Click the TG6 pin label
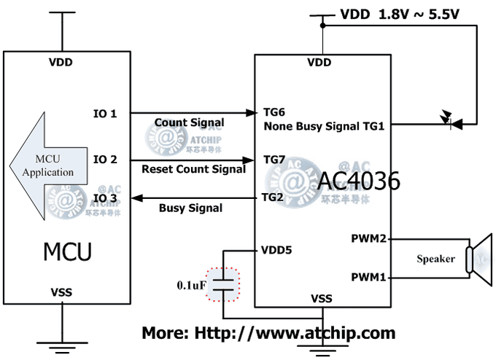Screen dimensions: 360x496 274,113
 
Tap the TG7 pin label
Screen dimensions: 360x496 274,159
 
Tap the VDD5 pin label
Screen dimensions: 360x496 276,250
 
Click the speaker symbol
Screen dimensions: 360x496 478,257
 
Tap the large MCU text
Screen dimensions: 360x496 67,251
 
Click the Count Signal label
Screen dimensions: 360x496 190,122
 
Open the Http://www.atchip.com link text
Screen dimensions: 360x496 295,334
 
